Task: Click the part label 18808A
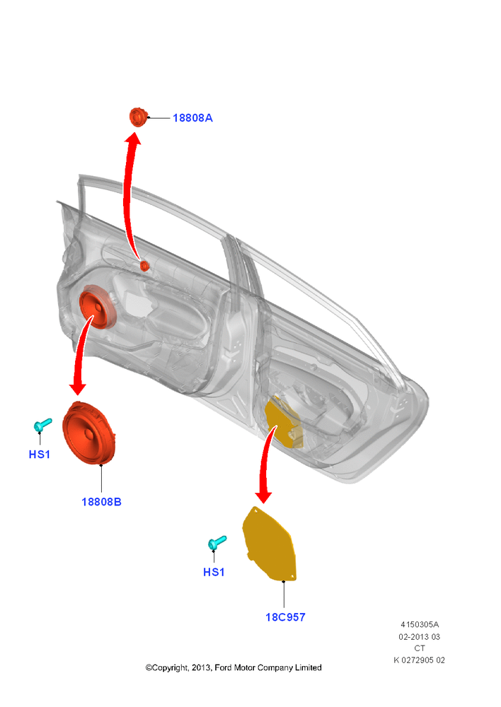[192, 117]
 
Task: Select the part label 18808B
[101, 502]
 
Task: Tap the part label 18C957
[285, 617]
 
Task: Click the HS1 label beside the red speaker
[39, 455]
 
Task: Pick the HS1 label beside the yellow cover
[214, 572]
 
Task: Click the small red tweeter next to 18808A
[138, 117]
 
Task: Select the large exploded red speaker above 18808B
[89, 433]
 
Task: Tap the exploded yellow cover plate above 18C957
[270, 544]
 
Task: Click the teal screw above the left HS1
[42, 424]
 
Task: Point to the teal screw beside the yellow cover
[217, 542]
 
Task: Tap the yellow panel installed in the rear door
[283, 423]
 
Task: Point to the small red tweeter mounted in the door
[144, 266]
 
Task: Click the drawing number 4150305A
[420, 624]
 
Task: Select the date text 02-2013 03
[420, 637]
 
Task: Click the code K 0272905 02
[420, 660]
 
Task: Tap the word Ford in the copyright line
[223, 668]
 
